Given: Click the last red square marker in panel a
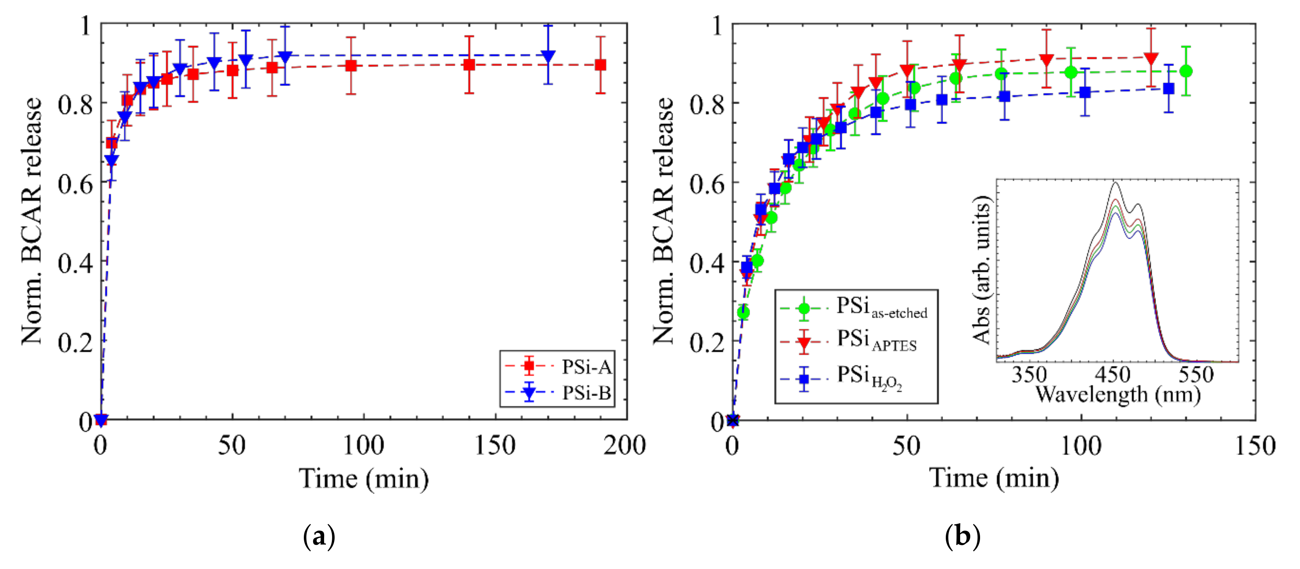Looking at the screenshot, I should (600, 65).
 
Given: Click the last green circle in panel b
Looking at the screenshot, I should (1186, 71).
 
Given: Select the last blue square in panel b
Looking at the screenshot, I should (1168, 88).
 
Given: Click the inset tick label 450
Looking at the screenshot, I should (1112, 375).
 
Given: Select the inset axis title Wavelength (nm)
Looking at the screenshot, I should (1118, 394).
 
